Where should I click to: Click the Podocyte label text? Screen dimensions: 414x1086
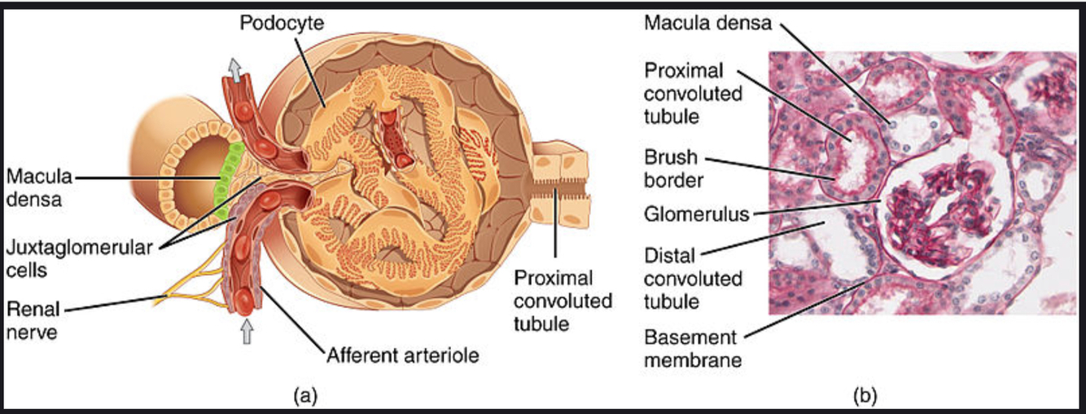click(x=281, y=23)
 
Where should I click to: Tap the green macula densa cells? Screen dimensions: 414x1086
click(x=226, y=175)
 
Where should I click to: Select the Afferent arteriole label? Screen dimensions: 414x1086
click(x=401, y=355)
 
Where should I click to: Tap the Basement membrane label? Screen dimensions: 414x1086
click(x=692, y=348)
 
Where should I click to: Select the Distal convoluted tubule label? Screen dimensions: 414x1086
click(x=694, y=279)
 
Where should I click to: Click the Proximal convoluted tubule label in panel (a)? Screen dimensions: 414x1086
click(x=562, y=301)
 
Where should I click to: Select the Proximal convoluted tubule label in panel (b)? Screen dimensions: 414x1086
click(x=694, y=93)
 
